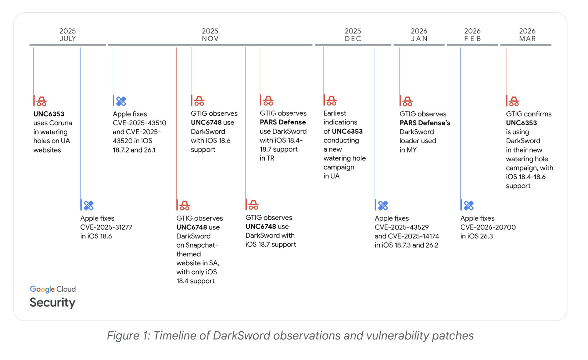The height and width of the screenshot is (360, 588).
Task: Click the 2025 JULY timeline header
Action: point(68,35)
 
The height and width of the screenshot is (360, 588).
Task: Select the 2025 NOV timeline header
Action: point(210,35)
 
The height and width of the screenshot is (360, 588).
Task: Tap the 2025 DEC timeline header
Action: point(353,35)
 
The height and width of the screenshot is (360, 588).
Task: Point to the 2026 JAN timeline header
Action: point(419,35)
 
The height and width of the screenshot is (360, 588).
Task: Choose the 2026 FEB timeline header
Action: point(472,35)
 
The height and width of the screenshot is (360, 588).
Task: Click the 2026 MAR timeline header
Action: point(527,35)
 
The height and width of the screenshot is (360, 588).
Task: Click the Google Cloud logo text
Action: point(53,289)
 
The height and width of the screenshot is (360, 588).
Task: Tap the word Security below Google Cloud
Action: point(53,302)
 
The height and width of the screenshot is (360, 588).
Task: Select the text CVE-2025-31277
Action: point(106,227)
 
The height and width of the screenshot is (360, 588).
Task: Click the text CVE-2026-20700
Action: point(488,227)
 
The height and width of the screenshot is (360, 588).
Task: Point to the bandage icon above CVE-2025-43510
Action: point(121,101)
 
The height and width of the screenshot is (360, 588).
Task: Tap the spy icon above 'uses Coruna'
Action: point(42,101)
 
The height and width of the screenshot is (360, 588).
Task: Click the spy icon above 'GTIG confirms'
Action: point(514,101)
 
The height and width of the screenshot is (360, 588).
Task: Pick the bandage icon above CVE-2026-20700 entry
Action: point(469,205)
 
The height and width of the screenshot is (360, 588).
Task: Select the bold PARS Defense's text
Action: point(425,123)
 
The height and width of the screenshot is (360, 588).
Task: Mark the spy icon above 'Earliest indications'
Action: point(331,100)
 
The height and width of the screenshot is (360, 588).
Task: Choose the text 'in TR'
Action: point(267,158)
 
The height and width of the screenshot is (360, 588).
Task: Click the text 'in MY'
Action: point(408,150)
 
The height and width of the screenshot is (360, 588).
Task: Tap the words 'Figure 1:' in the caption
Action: point(128,335)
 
